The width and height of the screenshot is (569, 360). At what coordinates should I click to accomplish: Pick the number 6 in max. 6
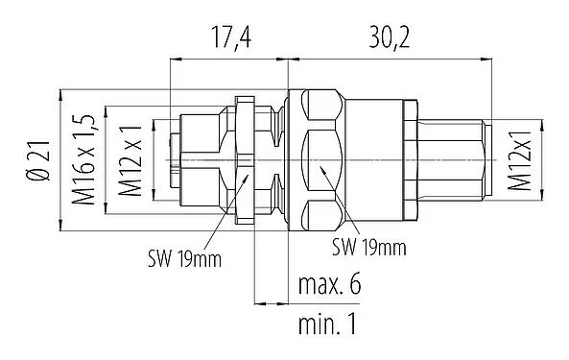358,286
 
